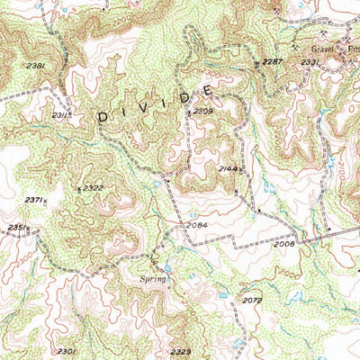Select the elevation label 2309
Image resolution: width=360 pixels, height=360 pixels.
click(202, 111)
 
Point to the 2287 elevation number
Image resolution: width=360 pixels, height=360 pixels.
click(273, 62)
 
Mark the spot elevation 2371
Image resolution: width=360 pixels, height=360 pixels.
click(34, 200)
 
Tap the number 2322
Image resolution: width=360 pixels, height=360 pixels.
click(94, 187)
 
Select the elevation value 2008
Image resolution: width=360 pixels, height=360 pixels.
click(283, 244)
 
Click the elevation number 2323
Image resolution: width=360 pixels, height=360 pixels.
click(180, 351)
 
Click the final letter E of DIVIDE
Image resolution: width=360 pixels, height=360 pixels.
click(209, 91)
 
